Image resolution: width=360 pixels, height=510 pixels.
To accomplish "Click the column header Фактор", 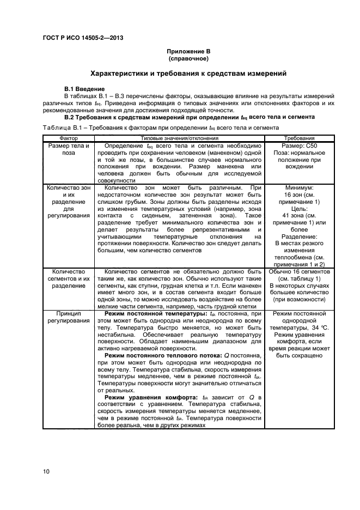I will [x=69, y=139].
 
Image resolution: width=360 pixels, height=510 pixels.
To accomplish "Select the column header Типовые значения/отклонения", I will [x=180, y=139].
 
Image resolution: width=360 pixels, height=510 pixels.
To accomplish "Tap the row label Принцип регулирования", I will [x=69, y=318].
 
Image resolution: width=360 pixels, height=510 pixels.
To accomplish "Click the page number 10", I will [x=47, y=470].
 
